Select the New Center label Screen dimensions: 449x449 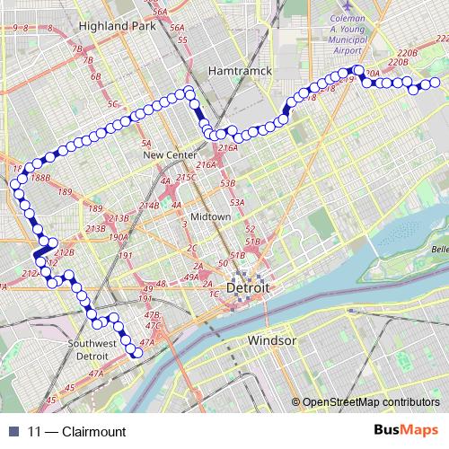(170, 155)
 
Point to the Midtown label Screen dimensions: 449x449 (210, 217)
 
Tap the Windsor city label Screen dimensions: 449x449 (272, 341)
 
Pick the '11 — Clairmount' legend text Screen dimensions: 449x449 (76, 431)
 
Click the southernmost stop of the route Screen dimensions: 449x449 (138, 353)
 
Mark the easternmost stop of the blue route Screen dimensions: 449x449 (435, 84)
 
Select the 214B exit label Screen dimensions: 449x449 (147, 207)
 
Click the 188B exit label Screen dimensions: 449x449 (40, 179)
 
